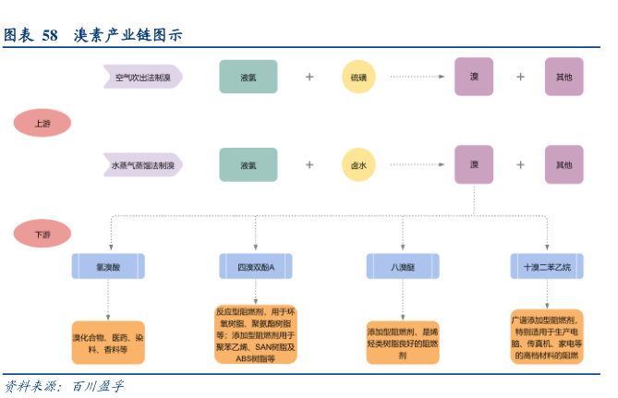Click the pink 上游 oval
coord(42,124)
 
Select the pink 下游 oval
coord(42,235)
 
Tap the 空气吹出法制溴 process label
coord(142,78)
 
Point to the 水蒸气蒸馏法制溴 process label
coord(142,165)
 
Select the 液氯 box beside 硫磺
coord(248,77)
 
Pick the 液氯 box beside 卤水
coord(248,165)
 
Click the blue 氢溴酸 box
coord(108,266)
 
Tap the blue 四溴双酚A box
coord(255,266)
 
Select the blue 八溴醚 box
coord(402,266)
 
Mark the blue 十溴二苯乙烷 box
coord(547,266)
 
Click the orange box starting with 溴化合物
coord(108,344)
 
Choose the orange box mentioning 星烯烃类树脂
coord(402,343)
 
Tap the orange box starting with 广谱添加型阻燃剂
coord(547,336)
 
